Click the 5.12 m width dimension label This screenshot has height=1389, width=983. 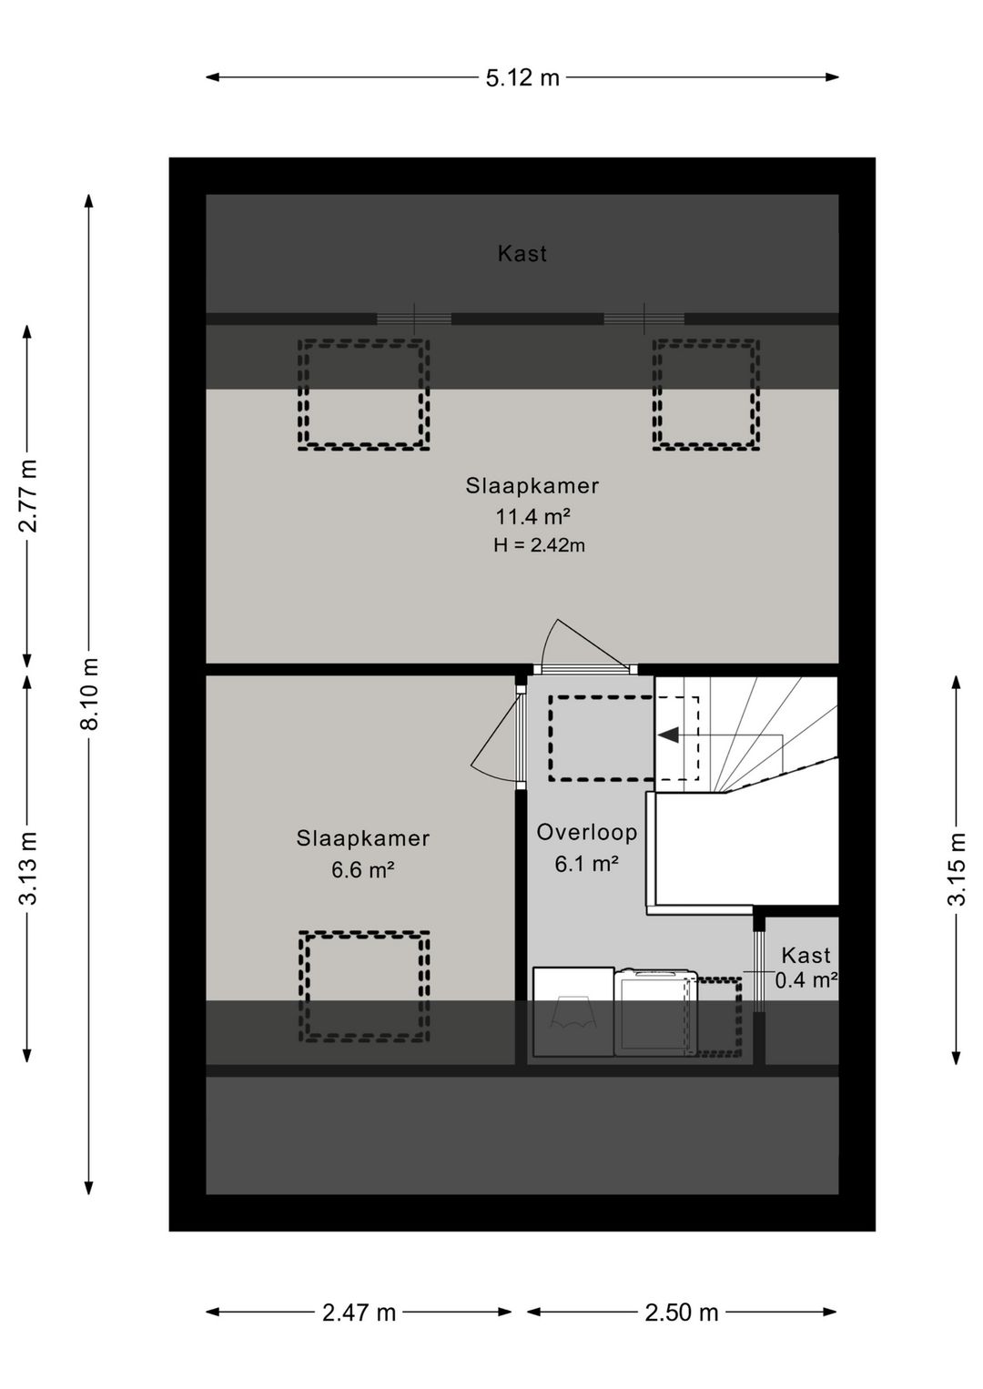[x=522, y=78]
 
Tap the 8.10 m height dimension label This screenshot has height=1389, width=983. [x=90, y=694]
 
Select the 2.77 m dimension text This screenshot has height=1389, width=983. [x=28, y=496]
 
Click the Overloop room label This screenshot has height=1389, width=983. [x=587, y=832]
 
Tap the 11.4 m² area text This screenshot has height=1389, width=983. [x=532, y=516]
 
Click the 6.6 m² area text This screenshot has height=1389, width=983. [x=363, y=870]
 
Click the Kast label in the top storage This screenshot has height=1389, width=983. [x=522, y=254]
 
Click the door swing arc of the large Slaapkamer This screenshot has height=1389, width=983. [x=547, y=639]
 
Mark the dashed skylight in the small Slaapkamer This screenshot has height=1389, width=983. [x=364, y=987]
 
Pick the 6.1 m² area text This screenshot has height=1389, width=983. [x=587, y=864]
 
